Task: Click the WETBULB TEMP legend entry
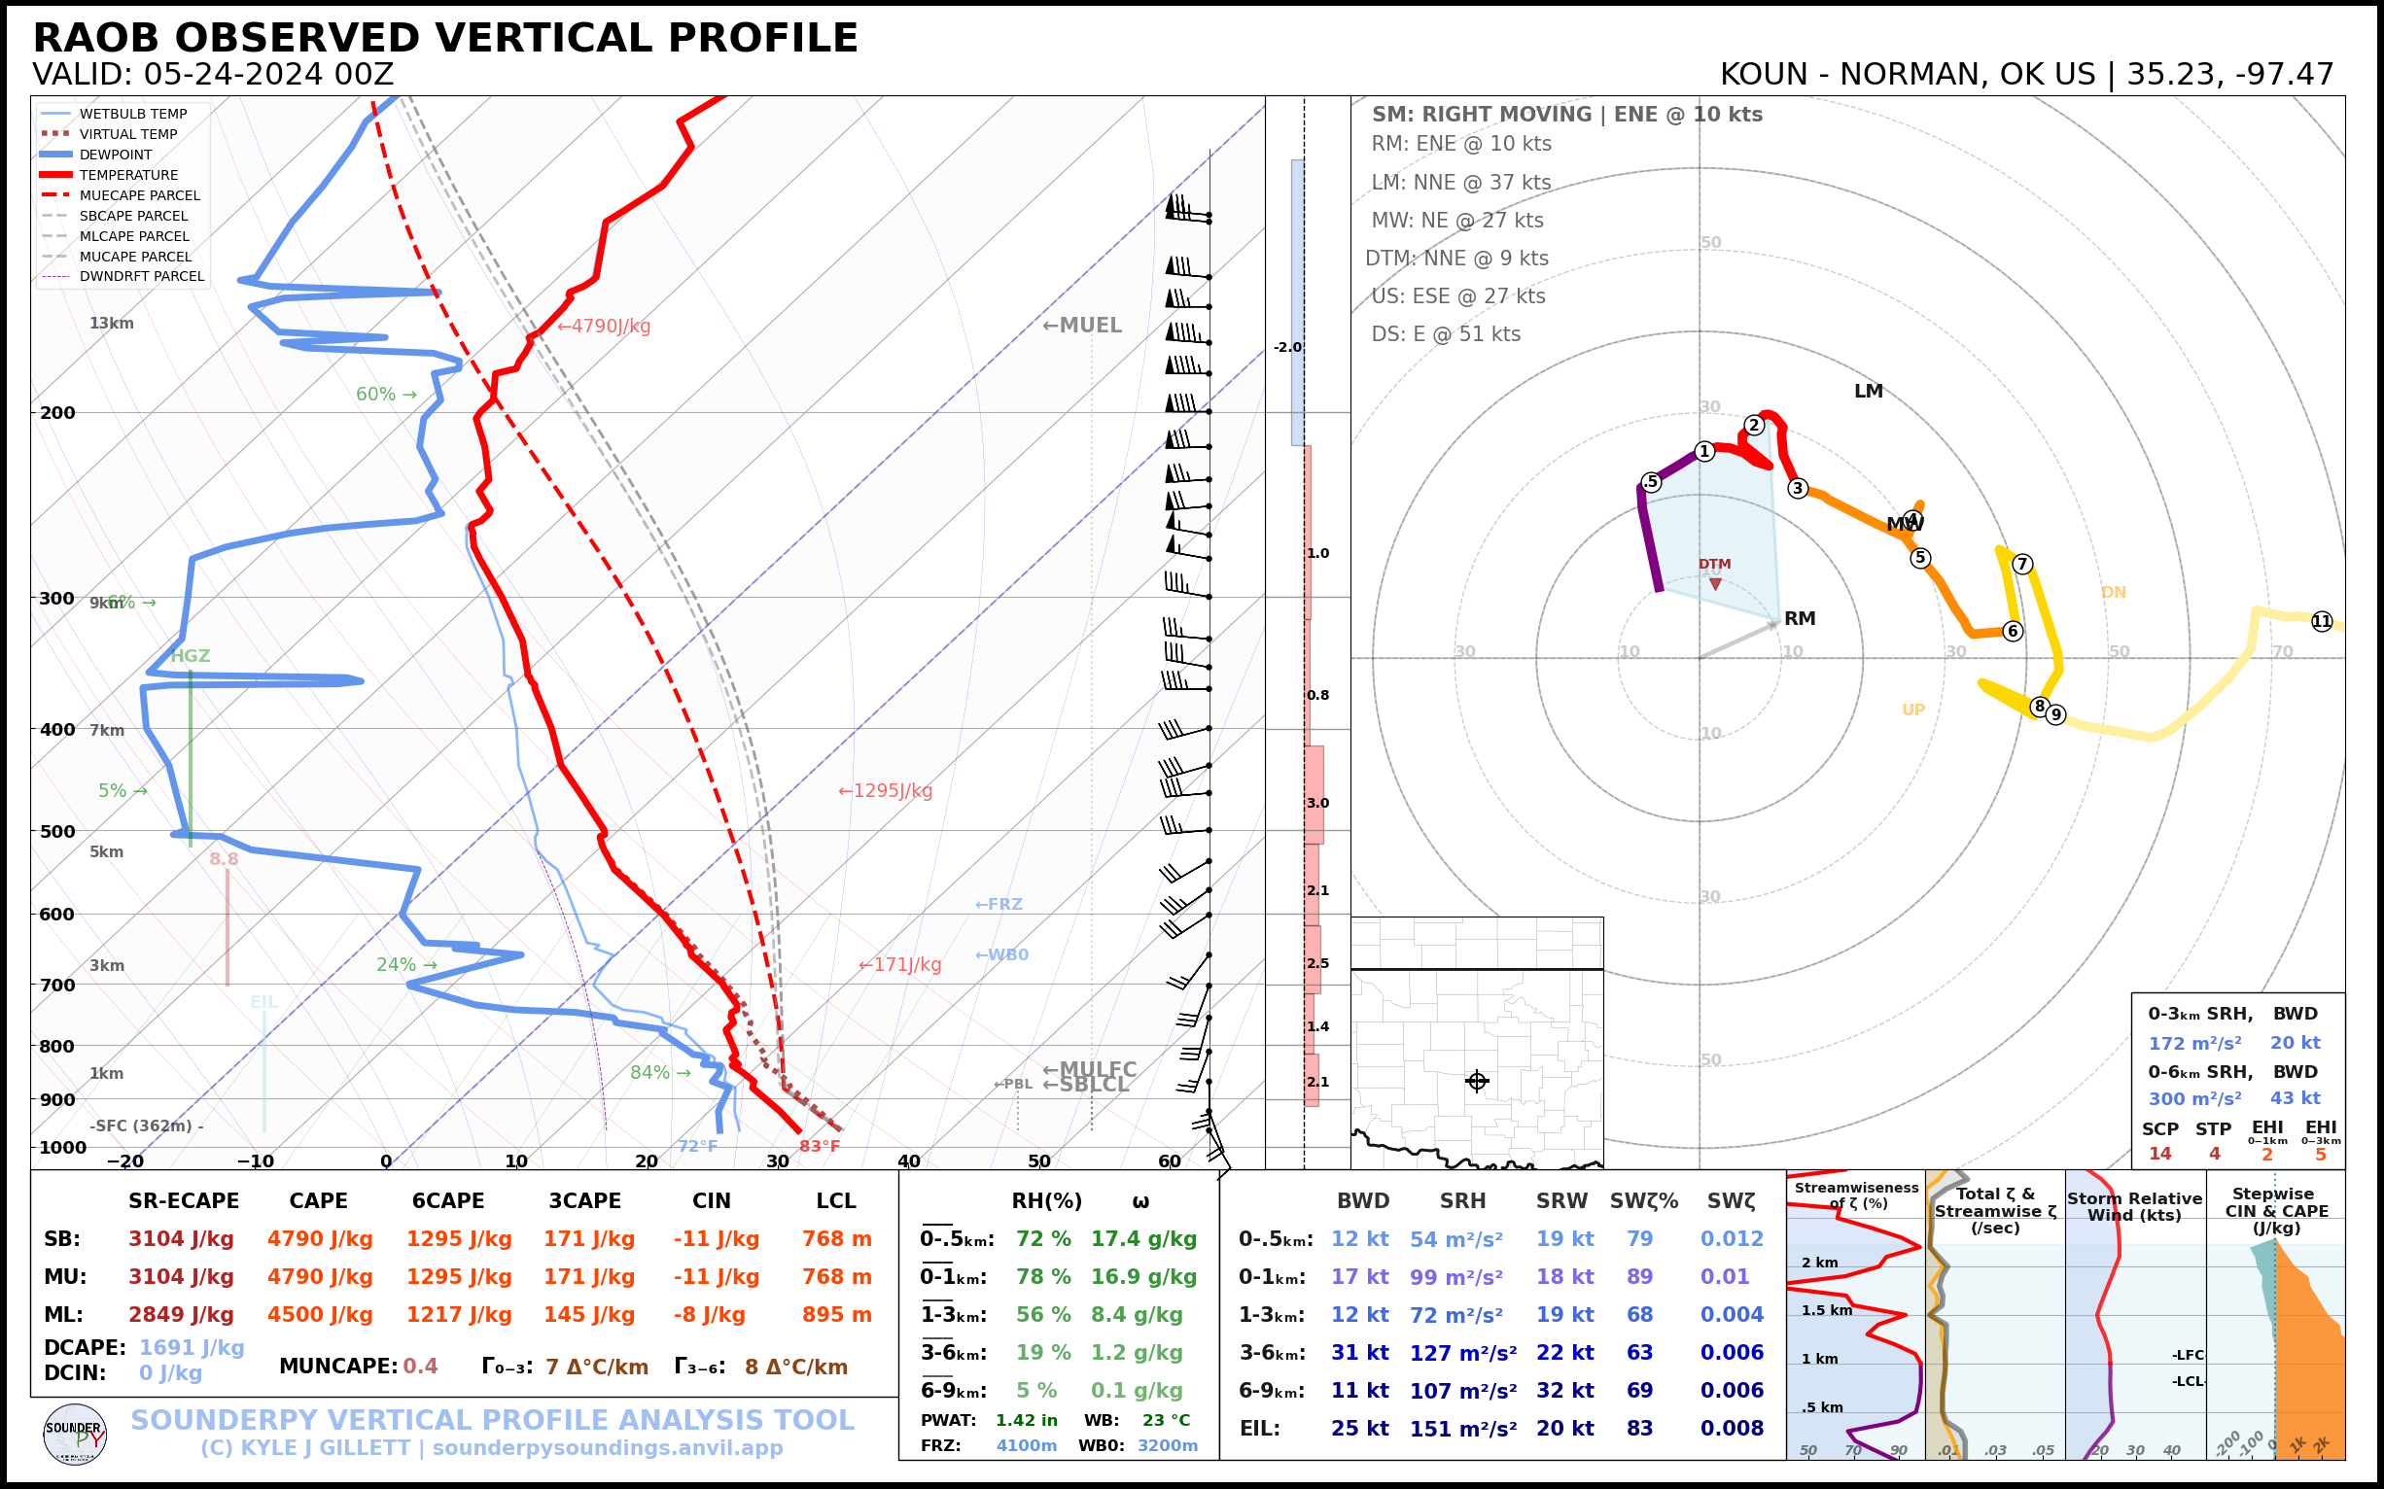[132, 115]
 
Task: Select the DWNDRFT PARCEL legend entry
[141, 277]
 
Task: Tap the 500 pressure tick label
[57, 831]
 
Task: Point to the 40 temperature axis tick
[908, 1161]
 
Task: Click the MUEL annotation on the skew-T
[1083, 325]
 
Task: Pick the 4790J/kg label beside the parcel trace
[604, 326]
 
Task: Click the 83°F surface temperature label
[819, 1146]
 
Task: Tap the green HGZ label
[191, 656]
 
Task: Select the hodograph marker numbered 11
[2322, 621]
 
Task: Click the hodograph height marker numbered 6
[2013, 631]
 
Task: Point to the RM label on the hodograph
[1799, 618]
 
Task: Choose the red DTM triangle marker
[1715, 584]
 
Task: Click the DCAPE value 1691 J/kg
[192, 1347]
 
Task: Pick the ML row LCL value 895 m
[836, 1315]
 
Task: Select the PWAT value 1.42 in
[1026, 1420]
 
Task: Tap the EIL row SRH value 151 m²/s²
[1462, 1429]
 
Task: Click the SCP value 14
[2159, 1153]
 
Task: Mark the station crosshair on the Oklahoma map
[1477, 1082]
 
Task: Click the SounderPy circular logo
[75, 1435]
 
